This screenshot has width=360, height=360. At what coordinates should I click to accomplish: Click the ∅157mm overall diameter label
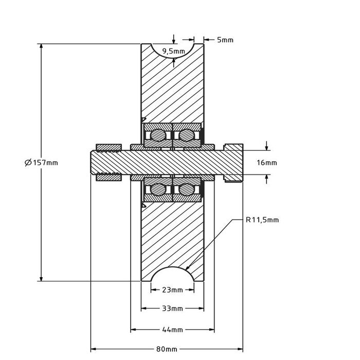[x=41, y=163]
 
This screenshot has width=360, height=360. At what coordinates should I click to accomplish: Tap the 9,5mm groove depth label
[x=173, y=51]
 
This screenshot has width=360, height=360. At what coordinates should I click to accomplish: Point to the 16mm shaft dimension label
[x=266, y=163]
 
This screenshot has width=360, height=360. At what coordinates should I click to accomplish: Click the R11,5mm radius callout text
[x=262, y=220]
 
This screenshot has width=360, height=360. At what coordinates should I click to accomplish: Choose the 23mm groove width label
[x=173, y=290]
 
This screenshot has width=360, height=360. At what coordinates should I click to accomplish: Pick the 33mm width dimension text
[x=173, y=309]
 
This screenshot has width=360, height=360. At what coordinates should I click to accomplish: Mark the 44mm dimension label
[x=173, y=329]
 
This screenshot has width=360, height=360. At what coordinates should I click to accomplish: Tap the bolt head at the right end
[x=233, y=163]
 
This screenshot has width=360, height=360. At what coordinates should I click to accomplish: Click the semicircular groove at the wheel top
[x=173, y=50]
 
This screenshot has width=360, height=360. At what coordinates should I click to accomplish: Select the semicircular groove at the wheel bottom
[x=173, y=275]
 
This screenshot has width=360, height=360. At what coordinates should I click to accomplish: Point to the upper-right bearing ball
[x=186, y=135]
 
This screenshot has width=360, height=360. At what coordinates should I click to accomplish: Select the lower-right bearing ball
[x=186, y=190]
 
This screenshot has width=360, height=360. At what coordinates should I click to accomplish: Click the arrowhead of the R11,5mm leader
[x=187, y=268]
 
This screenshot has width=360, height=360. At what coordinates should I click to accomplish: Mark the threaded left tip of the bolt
[x=95, y=163]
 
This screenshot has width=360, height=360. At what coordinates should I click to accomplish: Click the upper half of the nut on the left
[x=109, y=147]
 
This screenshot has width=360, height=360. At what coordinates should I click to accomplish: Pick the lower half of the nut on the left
[x=109, y=178]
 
